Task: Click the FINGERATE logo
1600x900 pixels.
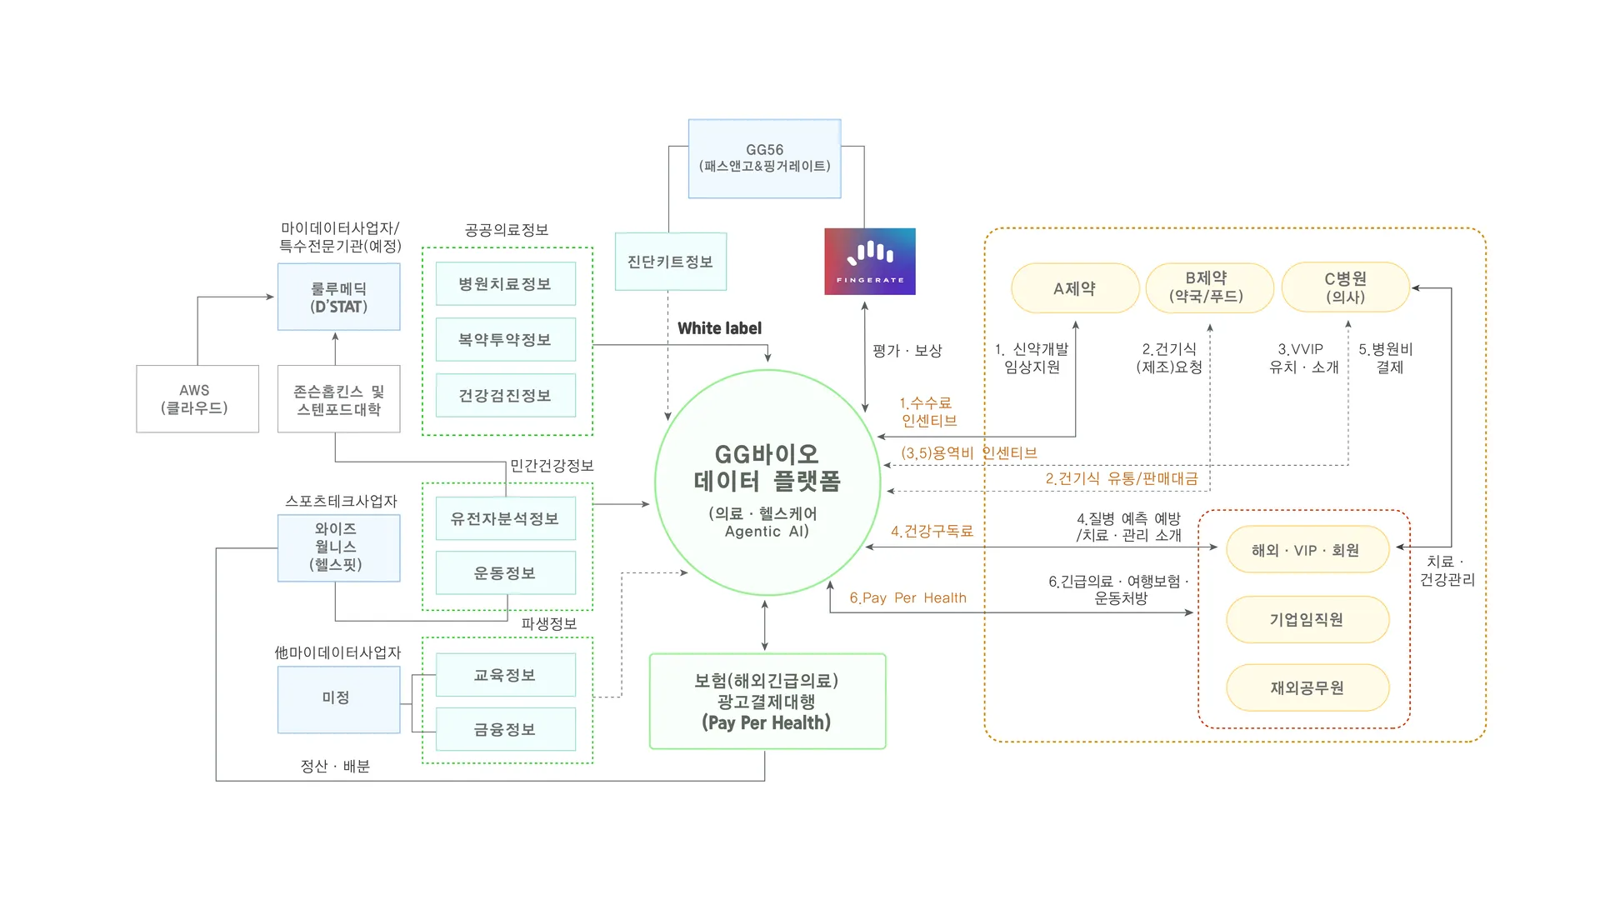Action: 869,261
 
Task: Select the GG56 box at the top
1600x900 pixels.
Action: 764,158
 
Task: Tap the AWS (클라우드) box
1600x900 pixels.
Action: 197,398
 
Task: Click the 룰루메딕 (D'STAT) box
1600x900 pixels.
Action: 338,297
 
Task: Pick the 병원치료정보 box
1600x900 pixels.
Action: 505,284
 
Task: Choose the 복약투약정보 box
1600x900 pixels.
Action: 505,339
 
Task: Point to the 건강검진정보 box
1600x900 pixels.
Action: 505,395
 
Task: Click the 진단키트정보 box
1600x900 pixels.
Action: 670,262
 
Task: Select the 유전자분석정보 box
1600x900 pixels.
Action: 505,518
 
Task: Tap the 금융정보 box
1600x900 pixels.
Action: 505,729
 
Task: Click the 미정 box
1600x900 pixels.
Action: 337,698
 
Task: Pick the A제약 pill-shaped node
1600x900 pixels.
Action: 1074,288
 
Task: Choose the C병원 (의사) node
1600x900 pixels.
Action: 1345,287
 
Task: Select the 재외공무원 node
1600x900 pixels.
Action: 1307,687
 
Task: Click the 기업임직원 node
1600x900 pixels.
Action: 1307,619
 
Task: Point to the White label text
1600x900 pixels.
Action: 719,328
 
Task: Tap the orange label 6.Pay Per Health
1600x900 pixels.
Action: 907,597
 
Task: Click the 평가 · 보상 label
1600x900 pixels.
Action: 907,351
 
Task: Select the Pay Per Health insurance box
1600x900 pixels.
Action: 767,701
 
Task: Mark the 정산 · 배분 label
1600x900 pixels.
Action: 335,766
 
